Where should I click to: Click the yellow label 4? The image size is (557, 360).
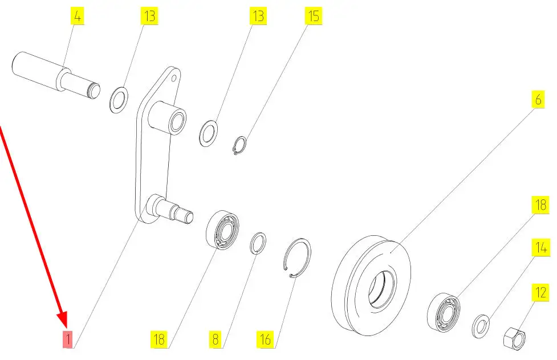click(x=78, y=17)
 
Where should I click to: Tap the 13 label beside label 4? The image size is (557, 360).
click(x=149, y=17)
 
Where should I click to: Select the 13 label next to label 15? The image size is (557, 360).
click(x=258, y=17)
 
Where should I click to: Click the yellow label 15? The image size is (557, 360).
click(x=314, y=17)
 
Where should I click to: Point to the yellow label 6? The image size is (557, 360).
click(x=538, y=100)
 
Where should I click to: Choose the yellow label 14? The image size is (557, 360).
click(x=540, y=247)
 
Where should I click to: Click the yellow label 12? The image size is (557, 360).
click(x=540, y=293)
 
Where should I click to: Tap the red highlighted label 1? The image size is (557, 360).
click(x=67, y=339)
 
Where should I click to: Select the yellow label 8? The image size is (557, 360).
click(x=216, y=339)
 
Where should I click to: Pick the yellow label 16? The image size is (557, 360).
click(x=265, y=339)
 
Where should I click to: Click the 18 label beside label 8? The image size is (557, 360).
click(x=159, y=339)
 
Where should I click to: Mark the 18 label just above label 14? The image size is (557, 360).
click(x=540, y=205)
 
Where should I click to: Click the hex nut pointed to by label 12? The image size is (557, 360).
click(x=514, y=338)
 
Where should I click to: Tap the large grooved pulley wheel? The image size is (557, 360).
click(x=371, y=285)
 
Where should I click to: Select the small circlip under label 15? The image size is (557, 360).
click(x=240, y=146)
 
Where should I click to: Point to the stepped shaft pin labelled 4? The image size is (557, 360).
click(x=56, y=75)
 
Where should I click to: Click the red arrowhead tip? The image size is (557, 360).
click(x=66, y=326)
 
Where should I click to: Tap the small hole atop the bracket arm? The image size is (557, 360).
click(x=174, y=77)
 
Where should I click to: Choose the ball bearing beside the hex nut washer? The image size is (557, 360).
click(x=444, y=312)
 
